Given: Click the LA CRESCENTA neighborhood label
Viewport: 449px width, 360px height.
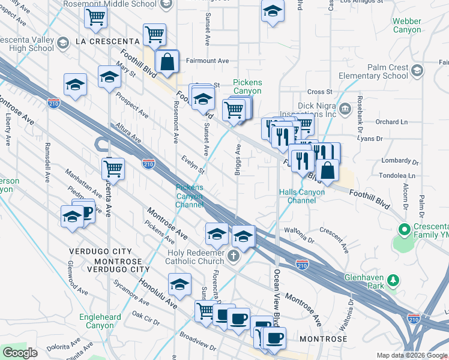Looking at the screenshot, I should coord(107,41).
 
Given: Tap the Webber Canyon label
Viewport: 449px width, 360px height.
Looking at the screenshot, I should coord(406,25).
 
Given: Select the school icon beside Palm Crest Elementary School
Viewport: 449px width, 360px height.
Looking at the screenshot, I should coord(418,71).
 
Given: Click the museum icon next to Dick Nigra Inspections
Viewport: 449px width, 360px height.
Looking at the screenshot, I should coord(345,109).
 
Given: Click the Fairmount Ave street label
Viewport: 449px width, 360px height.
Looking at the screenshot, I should coord(207,61).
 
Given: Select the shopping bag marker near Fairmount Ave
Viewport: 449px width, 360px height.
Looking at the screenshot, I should coord(167,61).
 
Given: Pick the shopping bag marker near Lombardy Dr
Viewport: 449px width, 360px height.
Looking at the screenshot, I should coord(327,171).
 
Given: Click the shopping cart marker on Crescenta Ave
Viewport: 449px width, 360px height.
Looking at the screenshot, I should coord(113,169).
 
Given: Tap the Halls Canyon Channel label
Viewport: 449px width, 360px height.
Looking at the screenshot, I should coord(301,196).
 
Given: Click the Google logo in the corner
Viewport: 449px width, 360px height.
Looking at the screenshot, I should coord(20,353).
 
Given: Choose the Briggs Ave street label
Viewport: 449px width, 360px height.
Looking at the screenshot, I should coord(238,160).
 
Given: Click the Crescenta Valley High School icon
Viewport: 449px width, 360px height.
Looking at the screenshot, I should coord(64,43).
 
